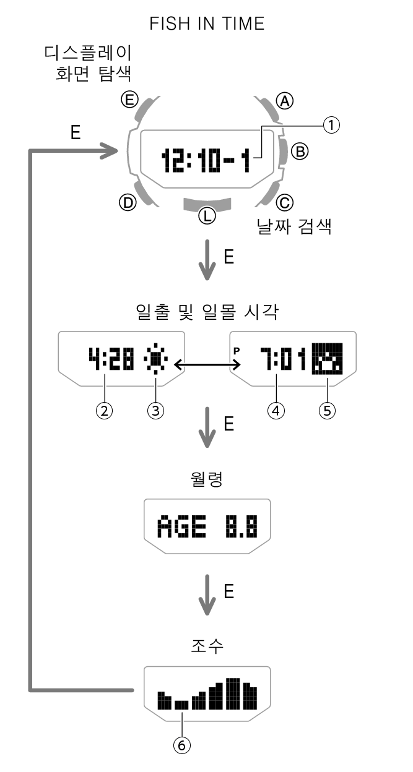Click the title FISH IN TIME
(207, 24)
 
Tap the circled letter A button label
(284, 101)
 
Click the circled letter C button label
(285, 202)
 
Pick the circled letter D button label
(128, 202)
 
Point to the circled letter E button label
(129, 99)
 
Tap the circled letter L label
(206, 215)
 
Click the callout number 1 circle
(332, 126)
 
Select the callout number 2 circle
(105, 411)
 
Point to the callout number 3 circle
(156, 411)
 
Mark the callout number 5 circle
(326, 411)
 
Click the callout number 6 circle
(181, 746)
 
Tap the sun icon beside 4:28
(155, 361)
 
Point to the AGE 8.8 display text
(207, 527)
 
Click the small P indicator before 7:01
(236, 350)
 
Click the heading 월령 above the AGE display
(206, 479)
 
